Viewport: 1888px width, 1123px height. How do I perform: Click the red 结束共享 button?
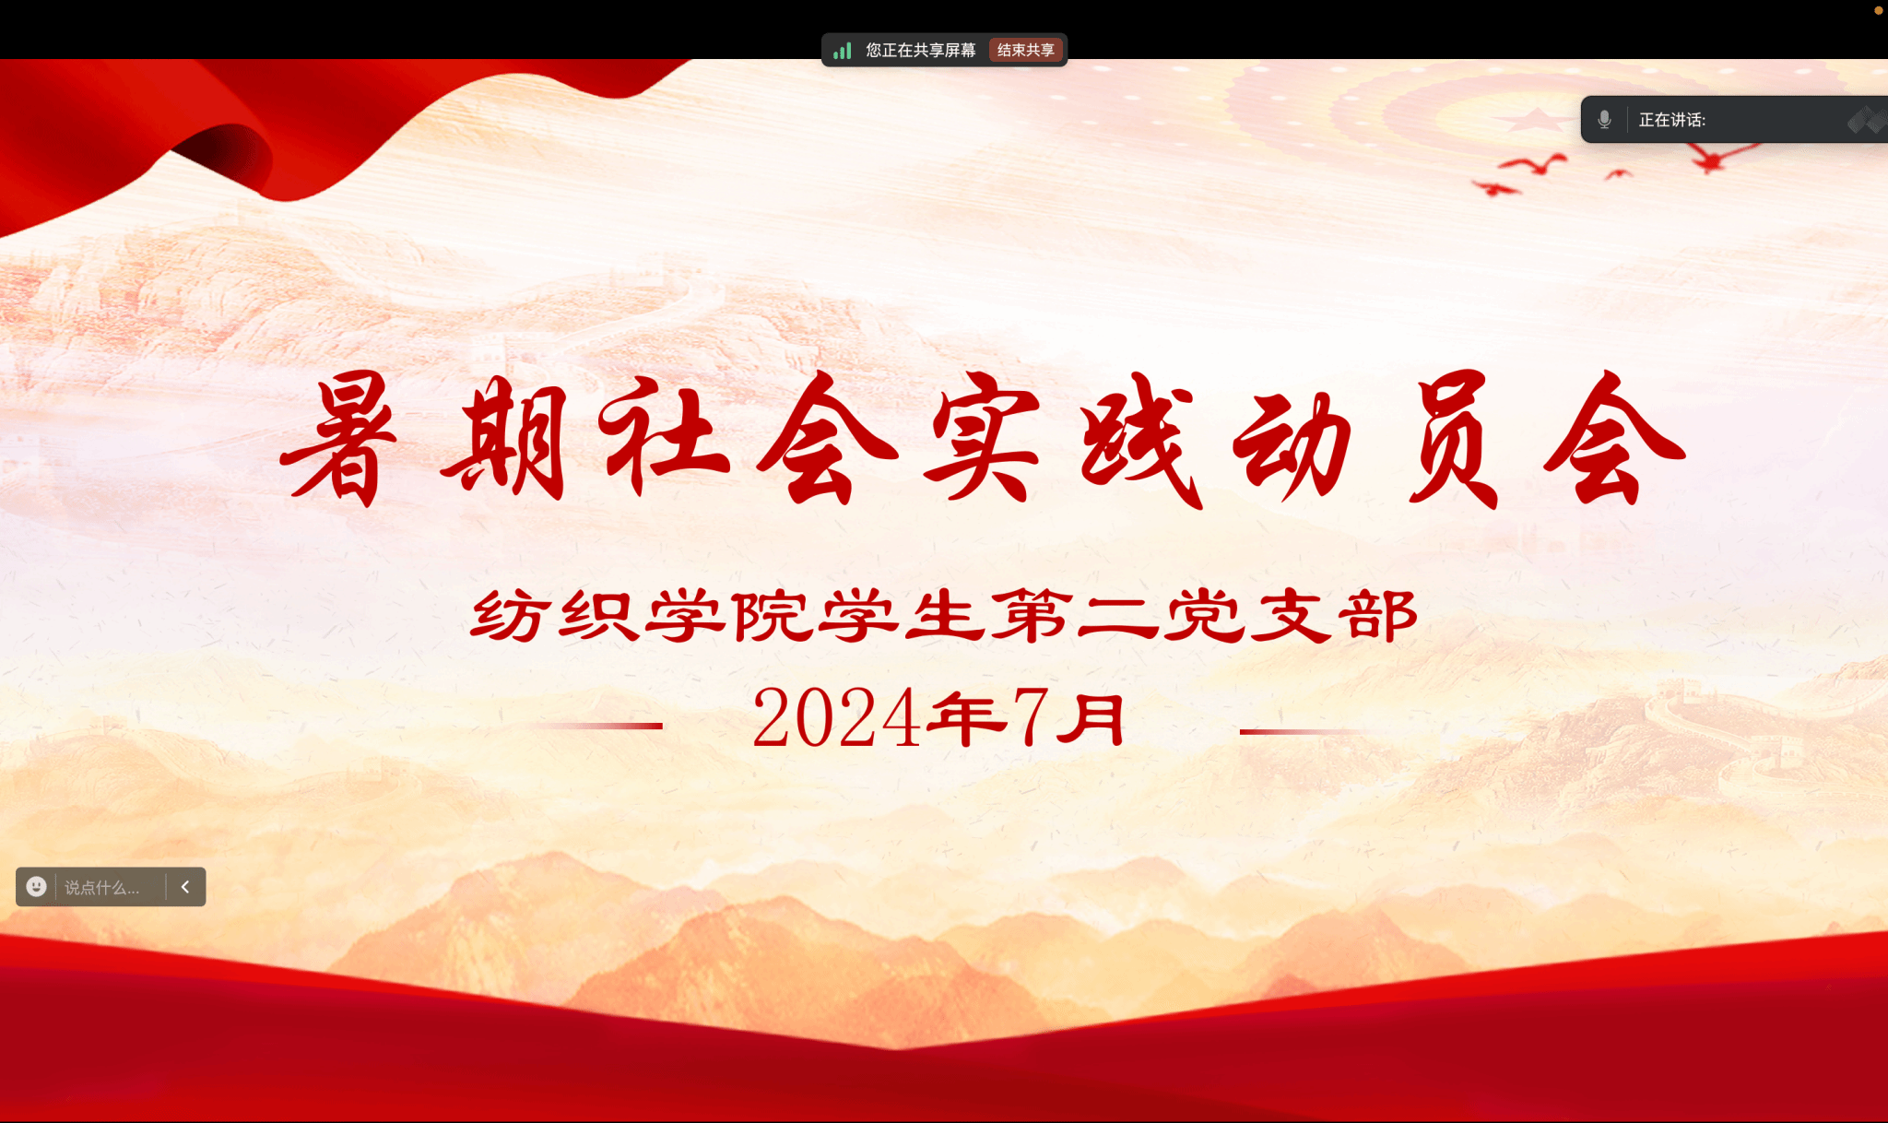pos(1026,50)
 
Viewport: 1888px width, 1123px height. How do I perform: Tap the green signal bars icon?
pos(842,51)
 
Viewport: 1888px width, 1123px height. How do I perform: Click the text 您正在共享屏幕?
pos(920,50)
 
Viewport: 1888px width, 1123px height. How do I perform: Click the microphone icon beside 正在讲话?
pos(1604,120)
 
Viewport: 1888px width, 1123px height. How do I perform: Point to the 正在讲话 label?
pos(1671,120)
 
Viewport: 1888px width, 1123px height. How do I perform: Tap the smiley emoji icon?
pos(36,887)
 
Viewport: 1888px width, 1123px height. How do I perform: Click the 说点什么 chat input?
pos(102,888)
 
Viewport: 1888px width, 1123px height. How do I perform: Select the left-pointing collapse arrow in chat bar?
pos(185,887)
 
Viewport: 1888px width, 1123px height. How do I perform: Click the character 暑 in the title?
pos(337,439)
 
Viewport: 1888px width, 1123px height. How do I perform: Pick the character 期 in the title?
pos(504,439)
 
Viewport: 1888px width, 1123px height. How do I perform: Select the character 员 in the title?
pos(1454,439)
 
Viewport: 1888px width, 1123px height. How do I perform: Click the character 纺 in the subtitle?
pos(508,615)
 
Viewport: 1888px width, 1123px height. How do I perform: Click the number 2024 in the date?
pos(836,718)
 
